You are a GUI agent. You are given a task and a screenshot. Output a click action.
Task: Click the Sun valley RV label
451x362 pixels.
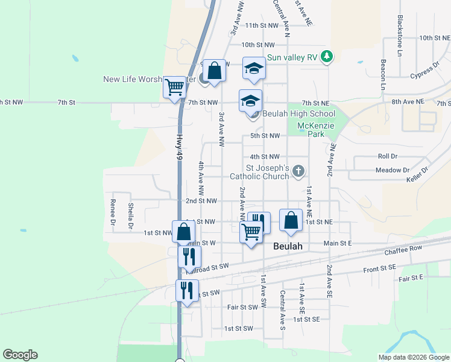tap(292, 57)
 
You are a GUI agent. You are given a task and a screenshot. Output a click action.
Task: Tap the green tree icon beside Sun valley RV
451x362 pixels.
tap(327, 57)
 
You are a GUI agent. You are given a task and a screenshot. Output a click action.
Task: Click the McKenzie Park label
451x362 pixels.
tap(311, 130)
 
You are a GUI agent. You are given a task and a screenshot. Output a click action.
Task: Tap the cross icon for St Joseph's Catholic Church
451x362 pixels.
tap(297, 173)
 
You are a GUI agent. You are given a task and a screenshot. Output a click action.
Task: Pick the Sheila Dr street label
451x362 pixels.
tap(130, 217)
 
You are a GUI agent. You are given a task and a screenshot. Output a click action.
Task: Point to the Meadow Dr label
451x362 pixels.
tap(392, 170)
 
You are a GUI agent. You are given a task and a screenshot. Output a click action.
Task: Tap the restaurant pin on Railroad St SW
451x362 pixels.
tap(189, 257)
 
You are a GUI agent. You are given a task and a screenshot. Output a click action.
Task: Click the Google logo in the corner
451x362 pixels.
tap(20, 355)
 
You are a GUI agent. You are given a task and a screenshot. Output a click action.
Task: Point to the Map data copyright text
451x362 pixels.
tap(413, 357)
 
